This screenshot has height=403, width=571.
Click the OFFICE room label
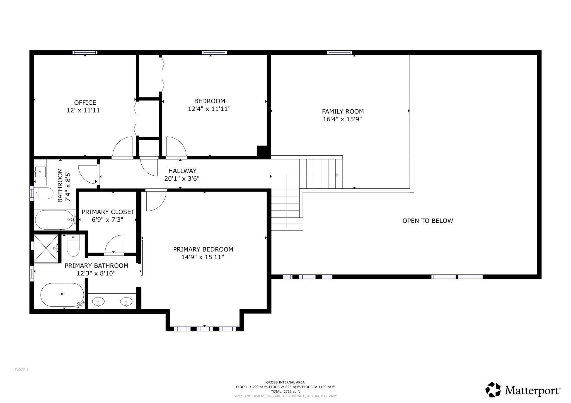tap(85, 103)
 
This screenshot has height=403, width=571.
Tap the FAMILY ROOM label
tap(343, 112)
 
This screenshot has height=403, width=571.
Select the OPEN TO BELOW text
tap(428, 221)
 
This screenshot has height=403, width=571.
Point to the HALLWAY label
tap(182, 171)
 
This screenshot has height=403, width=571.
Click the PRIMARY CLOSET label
tap(108, 212)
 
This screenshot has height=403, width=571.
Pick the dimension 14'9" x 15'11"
tap(203, 257)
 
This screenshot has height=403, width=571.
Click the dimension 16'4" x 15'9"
tap(343, 119)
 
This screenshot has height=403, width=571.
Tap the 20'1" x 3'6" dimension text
tap(182, 179)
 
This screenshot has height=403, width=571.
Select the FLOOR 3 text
tap(21, 370)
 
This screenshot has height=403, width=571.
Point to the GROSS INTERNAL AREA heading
tap(285, 382)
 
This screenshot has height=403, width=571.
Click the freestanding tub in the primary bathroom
tap(62, 295)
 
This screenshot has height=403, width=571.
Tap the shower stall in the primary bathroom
tap(46, 248)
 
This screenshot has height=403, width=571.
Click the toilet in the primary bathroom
tap(73, 245)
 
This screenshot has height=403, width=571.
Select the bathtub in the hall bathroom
tap(54, 220)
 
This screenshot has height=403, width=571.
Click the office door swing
tap(122, 146)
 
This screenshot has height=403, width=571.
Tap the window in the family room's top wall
tap(339, 53)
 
